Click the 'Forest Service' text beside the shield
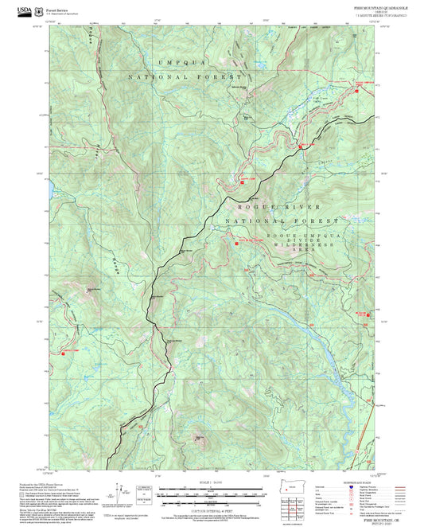57,7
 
